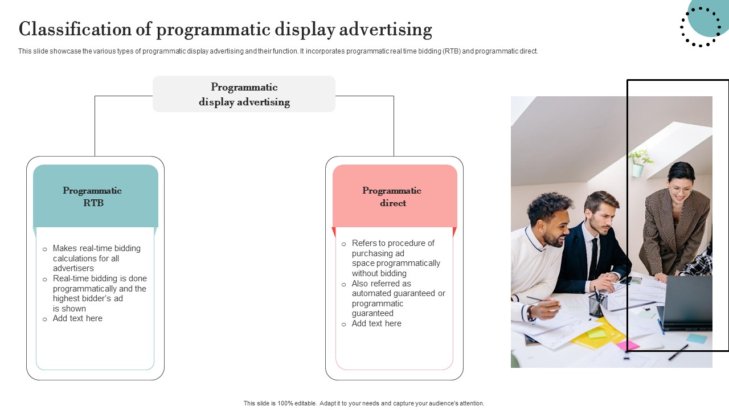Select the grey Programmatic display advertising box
(244, 94)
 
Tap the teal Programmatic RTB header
(96, 196)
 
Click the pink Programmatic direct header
(395, 196)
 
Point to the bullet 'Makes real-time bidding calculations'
(97, 258)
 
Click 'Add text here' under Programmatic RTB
(77, 318)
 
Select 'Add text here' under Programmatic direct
(376, 323)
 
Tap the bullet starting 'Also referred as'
(398, 298)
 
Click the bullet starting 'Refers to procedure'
(396, 258)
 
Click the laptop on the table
(685, 302)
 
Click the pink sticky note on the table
(628, 345)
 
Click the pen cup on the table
(598, 304)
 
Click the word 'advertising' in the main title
(386, 29)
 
